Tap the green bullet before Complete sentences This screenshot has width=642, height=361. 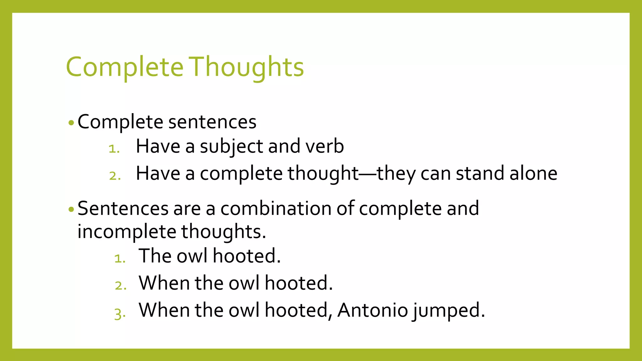point(71,123)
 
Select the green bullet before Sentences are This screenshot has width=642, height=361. point(71,209)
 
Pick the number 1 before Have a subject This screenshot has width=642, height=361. point(114,149)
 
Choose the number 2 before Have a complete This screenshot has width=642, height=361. point(115,176)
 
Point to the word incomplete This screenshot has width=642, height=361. point(127,232)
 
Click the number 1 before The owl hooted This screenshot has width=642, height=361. point(119,259)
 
